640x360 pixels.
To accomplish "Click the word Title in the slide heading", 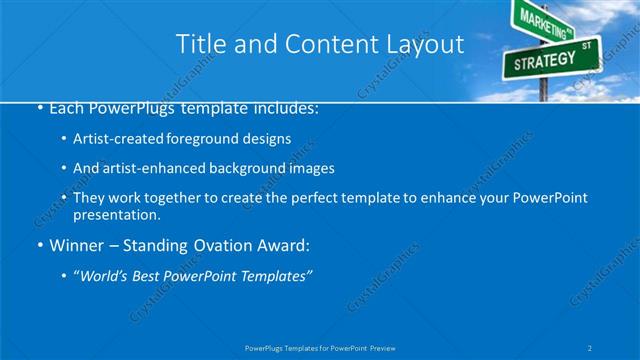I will click(x=199, y=44).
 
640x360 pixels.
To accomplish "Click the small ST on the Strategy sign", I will click(x=586, y=46).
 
